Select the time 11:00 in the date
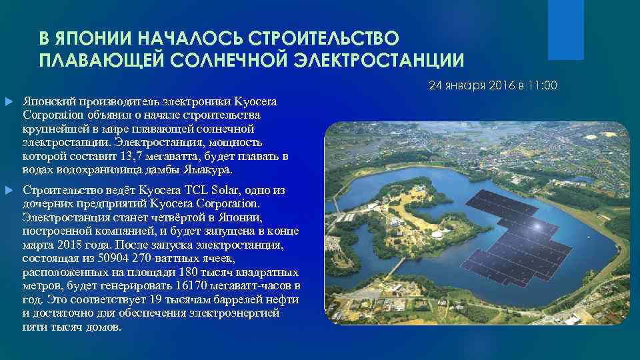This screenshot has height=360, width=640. (543, 86)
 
